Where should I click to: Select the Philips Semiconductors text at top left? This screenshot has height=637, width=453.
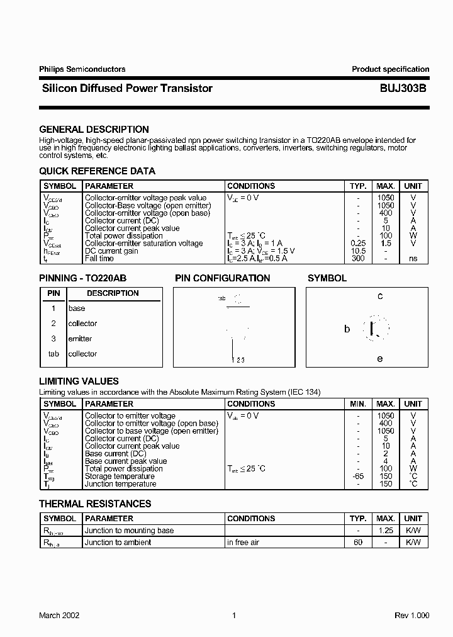(x=82, y=69)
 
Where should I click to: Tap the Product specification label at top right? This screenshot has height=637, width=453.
(x=390, y=69)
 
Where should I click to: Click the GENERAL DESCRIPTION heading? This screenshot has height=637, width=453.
(x=94, y=130)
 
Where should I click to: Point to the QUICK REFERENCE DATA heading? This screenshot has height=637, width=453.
(x=97, y=171)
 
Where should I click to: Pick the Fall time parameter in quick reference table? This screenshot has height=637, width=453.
(x=99, y=258)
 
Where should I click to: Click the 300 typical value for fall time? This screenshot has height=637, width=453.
(x=357, y=258)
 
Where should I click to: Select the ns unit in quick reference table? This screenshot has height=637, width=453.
(x=413, y=258)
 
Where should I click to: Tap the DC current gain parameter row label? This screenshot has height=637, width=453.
(x=111, y=251)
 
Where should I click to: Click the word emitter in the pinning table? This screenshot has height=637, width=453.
(x=80, y=339)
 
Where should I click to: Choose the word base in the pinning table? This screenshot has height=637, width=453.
(x=77, y=308)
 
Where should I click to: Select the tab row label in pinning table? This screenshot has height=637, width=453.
(x=53, y=354)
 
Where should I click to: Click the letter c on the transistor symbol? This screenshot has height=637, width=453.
(x=380, y=296)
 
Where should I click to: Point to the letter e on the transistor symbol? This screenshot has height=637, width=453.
(x=380, y=359)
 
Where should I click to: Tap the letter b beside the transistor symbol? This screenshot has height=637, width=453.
(x=347, y=329)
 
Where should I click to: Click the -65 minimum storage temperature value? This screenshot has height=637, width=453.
(x=357, y=476)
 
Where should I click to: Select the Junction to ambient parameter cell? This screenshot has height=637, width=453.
(x=118, y=543)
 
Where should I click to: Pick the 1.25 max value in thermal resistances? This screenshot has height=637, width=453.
(x=385, y=531)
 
